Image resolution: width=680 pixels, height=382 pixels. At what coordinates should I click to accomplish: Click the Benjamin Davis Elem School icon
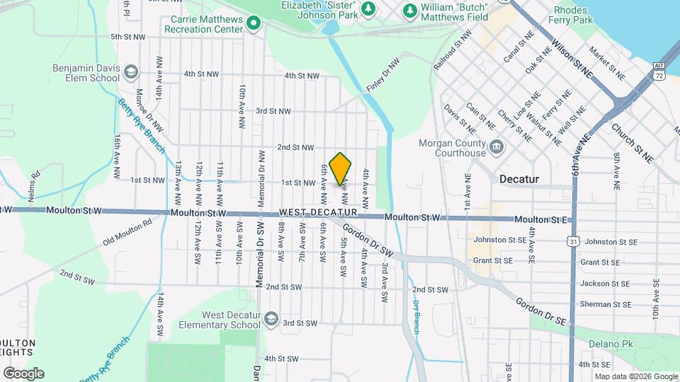click(130, 72)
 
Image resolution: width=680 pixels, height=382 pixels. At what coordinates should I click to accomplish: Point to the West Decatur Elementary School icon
click(271, 320)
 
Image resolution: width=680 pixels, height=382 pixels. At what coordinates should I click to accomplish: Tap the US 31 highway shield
click(571, 241)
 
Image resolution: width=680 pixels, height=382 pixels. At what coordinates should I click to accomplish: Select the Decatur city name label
click(518, 179)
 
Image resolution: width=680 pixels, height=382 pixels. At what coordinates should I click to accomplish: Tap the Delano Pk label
click(605, 344)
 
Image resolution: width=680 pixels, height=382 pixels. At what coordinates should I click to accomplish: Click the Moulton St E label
click(541, 220)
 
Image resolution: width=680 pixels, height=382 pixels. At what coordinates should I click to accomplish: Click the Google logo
click(23, 373)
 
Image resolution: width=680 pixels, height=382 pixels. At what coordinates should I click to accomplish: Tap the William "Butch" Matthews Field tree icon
click(409, 11)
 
